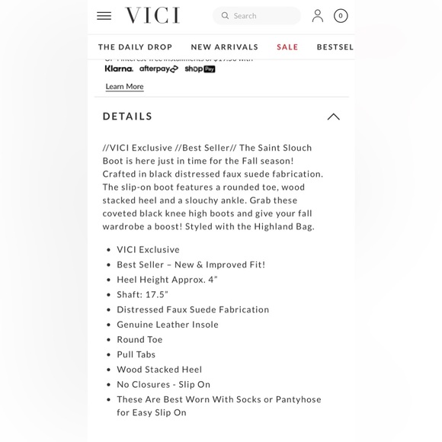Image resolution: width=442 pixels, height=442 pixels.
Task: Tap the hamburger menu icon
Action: click(104, 16)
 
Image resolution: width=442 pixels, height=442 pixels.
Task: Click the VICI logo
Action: click(152, 16)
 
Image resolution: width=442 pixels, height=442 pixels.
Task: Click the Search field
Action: click(257, 16)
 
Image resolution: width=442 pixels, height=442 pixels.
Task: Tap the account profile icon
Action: click(318, 16)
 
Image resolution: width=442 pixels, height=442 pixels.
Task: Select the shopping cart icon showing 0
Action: click(341, 16)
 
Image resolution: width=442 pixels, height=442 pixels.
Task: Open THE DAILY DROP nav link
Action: click(136, 47)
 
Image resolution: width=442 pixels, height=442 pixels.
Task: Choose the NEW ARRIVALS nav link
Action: click(225, 47)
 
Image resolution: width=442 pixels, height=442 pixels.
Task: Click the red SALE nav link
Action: click(287, 47)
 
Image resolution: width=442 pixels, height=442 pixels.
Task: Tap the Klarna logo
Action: click(119, 69)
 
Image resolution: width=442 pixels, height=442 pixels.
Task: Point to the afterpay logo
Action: click(159, 69)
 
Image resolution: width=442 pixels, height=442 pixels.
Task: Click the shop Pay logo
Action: click(200, 69)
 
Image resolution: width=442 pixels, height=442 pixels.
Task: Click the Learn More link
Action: click(124, 87)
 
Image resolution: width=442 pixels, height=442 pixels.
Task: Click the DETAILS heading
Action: click(128, 117)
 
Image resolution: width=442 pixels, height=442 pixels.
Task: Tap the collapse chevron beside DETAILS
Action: click(333, 117)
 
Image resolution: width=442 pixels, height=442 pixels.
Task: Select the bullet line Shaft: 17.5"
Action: click(143, 294)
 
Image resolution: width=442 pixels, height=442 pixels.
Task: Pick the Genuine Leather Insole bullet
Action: click(168, 325)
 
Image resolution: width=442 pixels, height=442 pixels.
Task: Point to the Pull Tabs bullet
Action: click(136, 354)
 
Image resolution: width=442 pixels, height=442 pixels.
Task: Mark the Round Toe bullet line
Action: click(139, 339)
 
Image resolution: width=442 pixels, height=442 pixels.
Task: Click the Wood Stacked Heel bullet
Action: click(159, 370)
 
